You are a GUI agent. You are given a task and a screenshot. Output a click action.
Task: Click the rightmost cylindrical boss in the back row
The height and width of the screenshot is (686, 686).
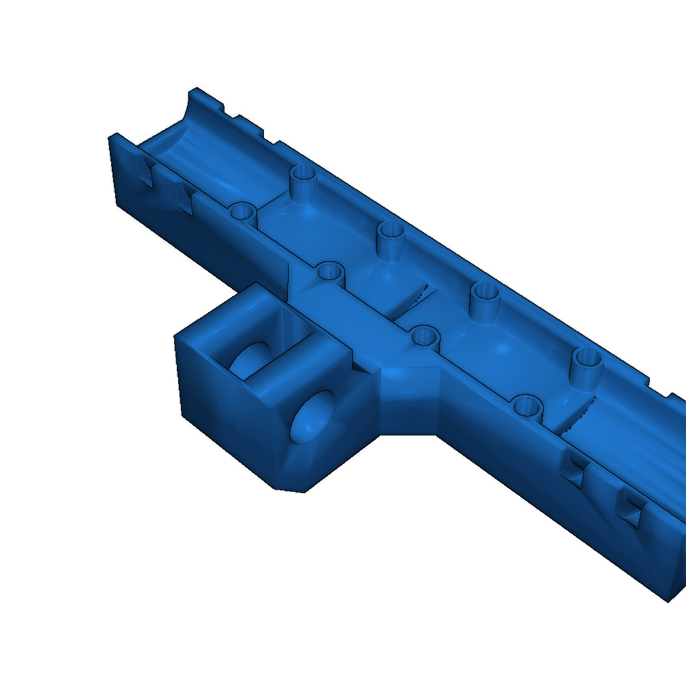point(586,365)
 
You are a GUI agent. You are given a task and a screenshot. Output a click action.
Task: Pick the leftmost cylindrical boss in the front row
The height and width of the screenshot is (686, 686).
point(243,213)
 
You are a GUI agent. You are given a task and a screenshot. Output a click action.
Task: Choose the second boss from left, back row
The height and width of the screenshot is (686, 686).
point(391,238)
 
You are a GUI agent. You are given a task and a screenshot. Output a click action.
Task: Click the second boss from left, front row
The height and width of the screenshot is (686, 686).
point(330,272)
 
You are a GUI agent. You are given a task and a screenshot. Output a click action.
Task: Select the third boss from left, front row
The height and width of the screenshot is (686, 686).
point(425,335)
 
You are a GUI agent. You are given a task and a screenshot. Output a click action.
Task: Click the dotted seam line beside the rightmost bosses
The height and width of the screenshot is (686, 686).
point(580,415)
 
